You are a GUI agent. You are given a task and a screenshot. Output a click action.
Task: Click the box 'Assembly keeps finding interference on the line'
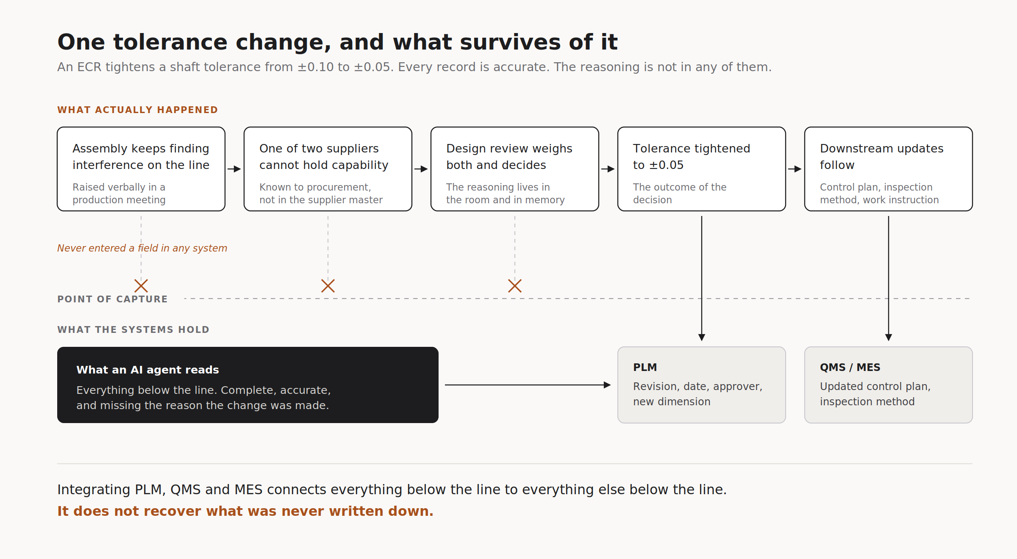point(141,169)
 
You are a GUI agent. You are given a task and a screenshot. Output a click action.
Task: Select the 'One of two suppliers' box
point(328,169)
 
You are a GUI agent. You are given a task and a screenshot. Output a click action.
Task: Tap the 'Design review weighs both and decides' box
point(515,169)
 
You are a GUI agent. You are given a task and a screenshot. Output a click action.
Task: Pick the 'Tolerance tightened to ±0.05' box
point(702,169)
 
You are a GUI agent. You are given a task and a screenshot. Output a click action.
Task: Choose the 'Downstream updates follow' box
point(889,169)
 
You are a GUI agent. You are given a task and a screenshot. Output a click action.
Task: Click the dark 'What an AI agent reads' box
point(248,385)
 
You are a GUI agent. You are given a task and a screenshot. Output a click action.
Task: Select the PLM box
point(702,385)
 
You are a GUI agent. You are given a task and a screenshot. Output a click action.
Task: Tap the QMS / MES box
point(889,385)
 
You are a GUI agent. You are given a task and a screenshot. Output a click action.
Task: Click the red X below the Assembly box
point(141,286)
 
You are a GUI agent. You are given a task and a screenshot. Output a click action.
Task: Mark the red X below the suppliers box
point(328,286)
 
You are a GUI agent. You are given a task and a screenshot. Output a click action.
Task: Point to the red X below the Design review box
point(515,286)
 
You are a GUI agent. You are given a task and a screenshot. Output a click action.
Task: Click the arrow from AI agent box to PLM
point(528,385)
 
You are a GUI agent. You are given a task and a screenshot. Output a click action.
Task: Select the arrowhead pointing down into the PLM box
point(702,338)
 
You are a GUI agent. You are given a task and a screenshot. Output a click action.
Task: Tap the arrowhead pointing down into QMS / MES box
point(889,338)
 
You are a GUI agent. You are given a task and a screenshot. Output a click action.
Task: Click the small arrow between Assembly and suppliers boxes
point(234,169)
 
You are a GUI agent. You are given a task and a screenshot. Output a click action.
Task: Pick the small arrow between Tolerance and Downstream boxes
point(795,169)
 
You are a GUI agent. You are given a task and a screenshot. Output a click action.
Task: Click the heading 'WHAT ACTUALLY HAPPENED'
point(138,110)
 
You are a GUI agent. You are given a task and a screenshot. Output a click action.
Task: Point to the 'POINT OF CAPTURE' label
point(113,299)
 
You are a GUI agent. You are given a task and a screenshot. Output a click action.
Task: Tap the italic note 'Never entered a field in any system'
point(142,248)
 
